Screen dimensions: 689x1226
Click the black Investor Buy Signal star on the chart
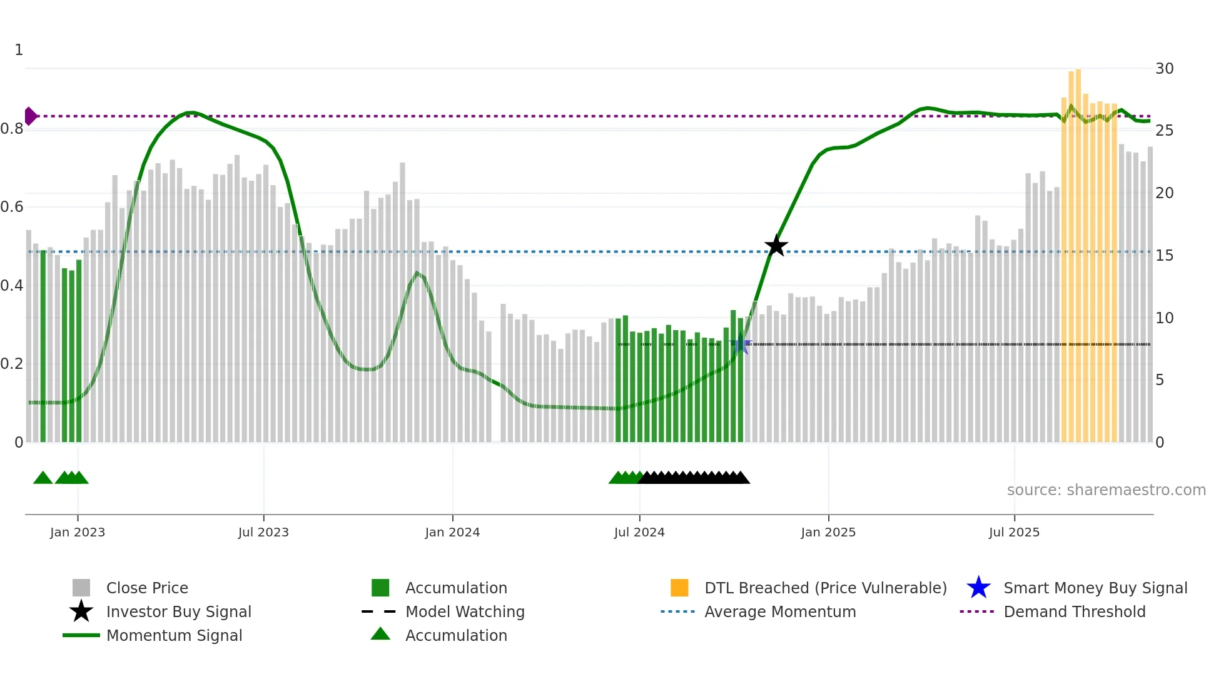pos(776,246)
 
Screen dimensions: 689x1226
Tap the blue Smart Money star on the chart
pos(741,344)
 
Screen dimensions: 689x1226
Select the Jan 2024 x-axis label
pos(452,532)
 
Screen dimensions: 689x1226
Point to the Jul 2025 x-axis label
pos(1014,532)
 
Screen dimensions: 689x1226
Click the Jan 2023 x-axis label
pos(78,532)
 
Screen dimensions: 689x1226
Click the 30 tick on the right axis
pos(1164,69)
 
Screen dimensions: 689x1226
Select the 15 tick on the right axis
pos(1164,256)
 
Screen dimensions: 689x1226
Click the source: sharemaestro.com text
pos(1106,490)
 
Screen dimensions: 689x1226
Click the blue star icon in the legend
pos(978,588)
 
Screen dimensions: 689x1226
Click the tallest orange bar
pos(1078,250)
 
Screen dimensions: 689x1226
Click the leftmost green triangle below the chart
pos(43,478)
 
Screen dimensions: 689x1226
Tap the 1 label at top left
pos(19,50)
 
